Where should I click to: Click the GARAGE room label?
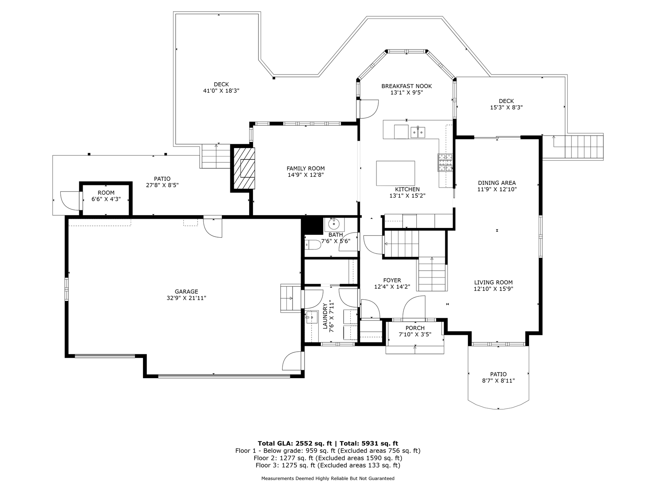186,292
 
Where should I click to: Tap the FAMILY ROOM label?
305,168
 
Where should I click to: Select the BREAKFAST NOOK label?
406,86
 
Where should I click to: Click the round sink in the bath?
333,223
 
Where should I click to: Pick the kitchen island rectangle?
396,173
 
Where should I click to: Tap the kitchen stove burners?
445,162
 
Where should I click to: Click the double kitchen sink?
418,132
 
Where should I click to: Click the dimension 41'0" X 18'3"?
221,91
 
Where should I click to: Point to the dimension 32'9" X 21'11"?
186,298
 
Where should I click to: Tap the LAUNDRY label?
325,316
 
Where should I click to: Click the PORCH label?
415,328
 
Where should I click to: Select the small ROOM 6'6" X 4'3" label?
106,196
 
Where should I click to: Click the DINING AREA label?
497,183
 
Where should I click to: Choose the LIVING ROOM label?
493,283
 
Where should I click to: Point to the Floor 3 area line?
328,465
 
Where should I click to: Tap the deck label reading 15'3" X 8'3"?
506,108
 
